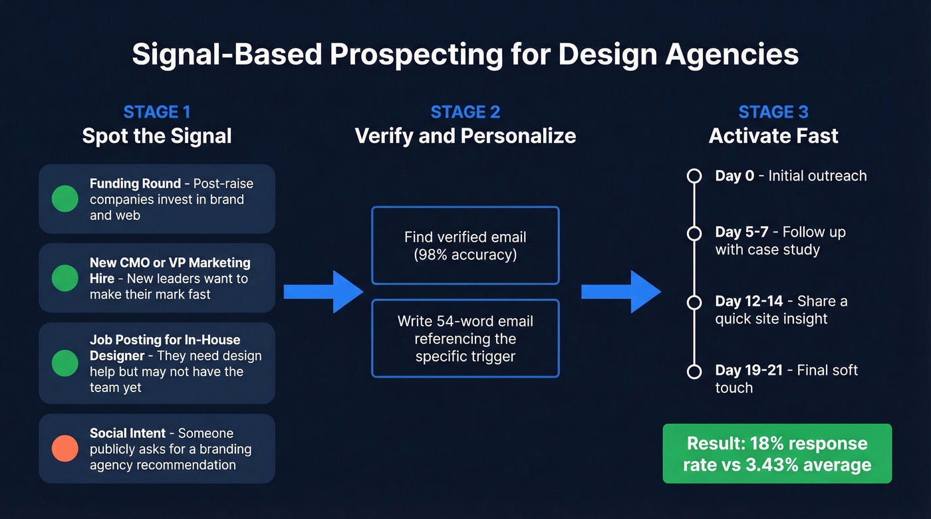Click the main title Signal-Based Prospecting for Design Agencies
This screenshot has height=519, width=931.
[x=465, y=54]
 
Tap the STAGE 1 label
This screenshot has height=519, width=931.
[x=157, y=112]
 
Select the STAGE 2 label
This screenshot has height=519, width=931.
[x=465, y=112]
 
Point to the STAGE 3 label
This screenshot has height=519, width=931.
[x=773, y=112]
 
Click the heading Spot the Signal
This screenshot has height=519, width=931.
[x=157, y=136]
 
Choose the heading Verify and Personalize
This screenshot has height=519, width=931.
[x=465, y=136]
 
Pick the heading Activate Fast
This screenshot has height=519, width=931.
[x=773, y=136]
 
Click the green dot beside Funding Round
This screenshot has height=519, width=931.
[x=65, y=199]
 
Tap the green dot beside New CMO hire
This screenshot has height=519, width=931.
[x=65, y=278]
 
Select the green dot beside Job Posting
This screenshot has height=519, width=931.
[x=65, y=363]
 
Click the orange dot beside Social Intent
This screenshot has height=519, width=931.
[x=65, y=449]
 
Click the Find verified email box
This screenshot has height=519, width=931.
[x=465, y=245]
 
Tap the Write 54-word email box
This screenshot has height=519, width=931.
[x=465, y=338]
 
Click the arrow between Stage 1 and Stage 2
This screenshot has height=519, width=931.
[x=323, y=292]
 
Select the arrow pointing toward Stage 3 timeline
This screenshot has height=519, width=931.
[x=621, y=292]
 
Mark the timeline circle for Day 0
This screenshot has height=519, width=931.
[x=694, y=176]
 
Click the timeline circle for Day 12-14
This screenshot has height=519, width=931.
[x=694, y=302]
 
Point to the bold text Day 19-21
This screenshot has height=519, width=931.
[x=749, y=370]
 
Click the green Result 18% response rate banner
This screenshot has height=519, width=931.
[x=777, y=453]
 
